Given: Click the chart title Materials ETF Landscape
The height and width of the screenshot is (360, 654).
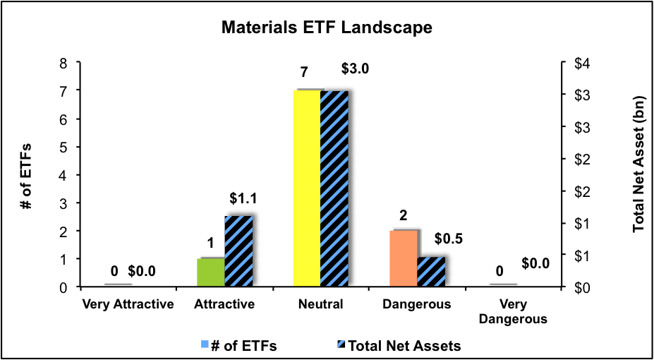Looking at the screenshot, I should tap(326, 28).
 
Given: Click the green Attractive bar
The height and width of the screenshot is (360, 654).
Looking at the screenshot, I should tap(210, 272).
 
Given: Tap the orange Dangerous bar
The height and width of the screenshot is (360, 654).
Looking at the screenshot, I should tap(403, 258).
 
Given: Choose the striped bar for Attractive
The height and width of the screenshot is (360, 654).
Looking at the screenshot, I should tap(238, 251).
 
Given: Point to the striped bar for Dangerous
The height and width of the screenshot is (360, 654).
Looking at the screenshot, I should tap(431, 272).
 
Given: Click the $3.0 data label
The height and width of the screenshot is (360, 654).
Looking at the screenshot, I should tap(356, 69).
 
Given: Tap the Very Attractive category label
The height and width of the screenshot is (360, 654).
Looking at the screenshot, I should tap(128, 305).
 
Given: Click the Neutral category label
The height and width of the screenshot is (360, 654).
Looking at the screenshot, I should tap(321, 305).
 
